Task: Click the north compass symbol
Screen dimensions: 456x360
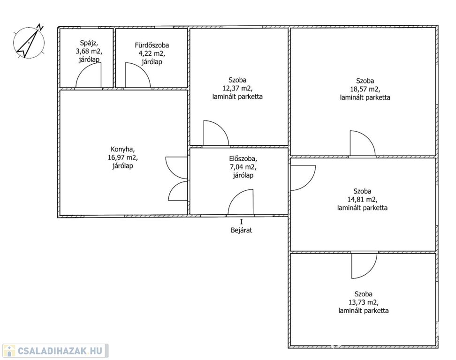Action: point(29,42)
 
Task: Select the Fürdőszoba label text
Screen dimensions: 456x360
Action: point(152,45)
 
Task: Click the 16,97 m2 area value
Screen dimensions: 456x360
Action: point(122,158)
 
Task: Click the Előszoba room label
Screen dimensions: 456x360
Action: point(243,159)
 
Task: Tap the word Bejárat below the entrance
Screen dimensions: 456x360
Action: point(242,230)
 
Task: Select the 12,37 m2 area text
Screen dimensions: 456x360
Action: point(237,88)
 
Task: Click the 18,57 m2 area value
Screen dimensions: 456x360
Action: point(365,89)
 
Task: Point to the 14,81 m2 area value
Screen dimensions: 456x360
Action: point(362,200)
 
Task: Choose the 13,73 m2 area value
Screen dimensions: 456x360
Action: point(363,302)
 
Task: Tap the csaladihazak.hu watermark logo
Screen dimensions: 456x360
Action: point(55,351)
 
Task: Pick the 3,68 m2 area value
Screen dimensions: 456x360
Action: point(89,52)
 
